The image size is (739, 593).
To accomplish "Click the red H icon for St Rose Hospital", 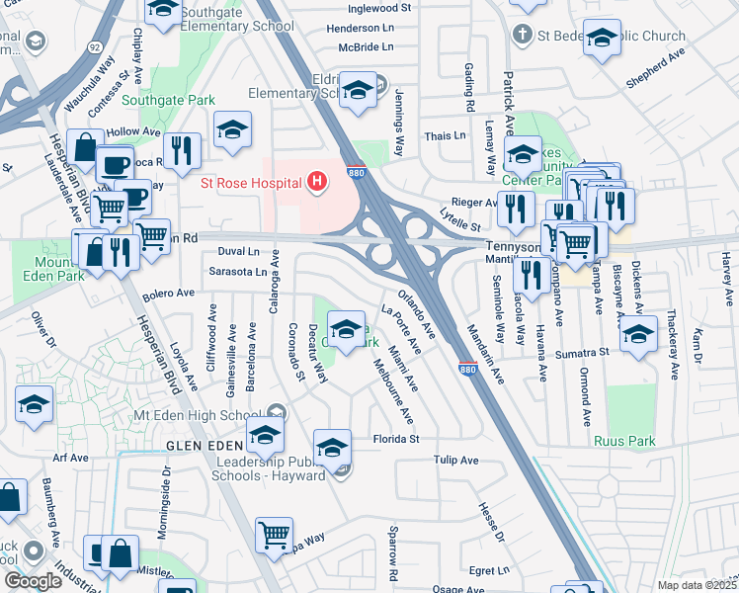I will [x=316, y=181].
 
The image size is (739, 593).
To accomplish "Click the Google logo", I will [x=33, y=582].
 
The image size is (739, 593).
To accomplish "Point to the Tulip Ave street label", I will [x=455, y=461].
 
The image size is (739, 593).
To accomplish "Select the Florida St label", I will [x=396, y=439].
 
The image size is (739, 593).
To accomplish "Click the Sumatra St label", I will [x=580, y=353].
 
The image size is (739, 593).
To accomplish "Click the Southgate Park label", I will [x=154, y=100].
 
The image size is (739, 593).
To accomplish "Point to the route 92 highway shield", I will [x=94, y=46].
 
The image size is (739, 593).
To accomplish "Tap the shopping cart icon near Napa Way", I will [x=274, y=535].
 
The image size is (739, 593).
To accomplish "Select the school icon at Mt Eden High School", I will [x=265, y=432].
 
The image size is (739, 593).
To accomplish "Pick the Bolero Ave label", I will [x=169, y=294].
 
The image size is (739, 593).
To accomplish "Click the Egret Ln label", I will [x=489, y=570].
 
